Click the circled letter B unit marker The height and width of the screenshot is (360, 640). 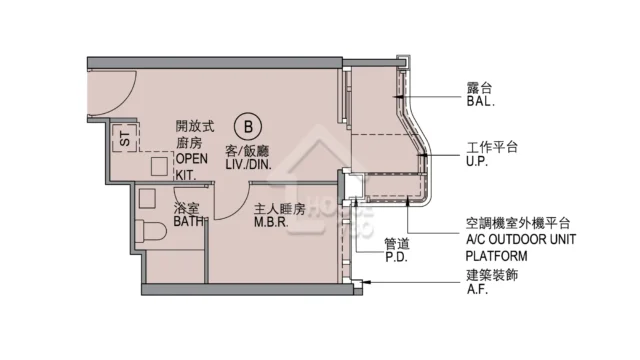pyautogui.click(x=248, y=127)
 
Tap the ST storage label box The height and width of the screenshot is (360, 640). pyautogui.click(x=125, y=138)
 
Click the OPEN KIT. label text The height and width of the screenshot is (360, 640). pyautogui.click(x=192, y=167)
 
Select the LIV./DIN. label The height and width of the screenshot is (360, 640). pyautogui.click(x=248, y=164)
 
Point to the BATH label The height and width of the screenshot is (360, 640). pyautogui.click(x=189, y=221)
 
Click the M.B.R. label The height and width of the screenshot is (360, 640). pyautogui.click(x=271, y=222)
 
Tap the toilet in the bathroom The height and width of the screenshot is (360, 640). pyautogui.click(x=151, y=231)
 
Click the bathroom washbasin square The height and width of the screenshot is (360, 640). pyautogui.click(x=147, y=198)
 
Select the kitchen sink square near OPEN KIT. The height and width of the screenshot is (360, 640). pyautogui.click(x=159, y=166)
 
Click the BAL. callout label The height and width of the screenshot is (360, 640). pyautogui.click(x=480, y=102)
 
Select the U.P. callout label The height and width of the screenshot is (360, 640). pyautogui.click(x=477, y=161)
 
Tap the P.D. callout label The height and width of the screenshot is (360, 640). pyautogui.click(x=396, y=257)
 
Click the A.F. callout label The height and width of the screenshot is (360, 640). pyautogui.click(x=478, y=289)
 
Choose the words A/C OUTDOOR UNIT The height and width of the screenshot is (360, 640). pyautogui.click(x=521, y=239)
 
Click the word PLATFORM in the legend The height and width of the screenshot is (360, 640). pyautogui.click(x=496, y=256)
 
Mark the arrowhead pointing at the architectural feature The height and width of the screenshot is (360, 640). pyautogui.click(x=366, y=282)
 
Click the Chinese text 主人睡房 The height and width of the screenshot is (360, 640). pyautogui.click(x=280, y=209)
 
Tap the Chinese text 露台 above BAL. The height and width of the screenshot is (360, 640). pyautogui.click(x=479, y=88)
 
